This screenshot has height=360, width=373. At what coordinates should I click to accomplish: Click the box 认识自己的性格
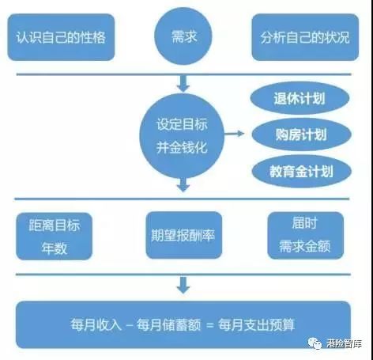tap(61, 37)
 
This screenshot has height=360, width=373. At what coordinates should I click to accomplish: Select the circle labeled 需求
tap(183, 36)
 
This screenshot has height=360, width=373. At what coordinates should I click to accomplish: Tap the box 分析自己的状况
tap(305, 37)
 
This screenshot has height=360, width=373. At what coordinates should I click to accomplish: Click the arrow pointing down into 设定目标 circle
tap(183, 84)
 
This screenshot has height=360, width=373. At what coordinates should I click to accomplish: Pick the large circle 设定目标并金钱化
tap(182, 135)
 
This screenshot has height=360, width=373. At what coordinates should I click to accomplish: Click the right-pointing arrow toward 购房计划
tap(234, 134)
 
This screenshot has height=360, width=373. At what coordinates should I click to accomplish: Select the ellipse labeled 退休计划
tap(300, 98)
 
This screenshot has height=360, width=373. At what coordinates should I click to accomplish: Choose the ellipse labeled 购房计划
tap(302, 135)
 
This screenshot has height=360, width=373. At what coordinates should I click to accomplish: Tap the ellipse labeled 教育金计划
tap(302, 171)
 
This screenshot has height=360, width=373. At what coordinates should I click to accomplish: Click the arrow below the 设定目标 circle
tap(183, 184)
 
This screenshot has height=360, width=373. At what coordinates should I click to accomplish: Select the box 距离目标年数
tap(55, 237)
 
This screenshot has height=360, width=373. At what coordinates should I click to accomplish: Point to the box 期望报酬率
tap(184, 235)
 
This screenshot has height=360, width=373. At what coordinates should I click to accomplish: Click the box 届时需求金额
tap(306, 236)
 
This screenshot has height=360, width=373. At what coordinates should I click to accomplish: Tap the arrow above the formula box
tap(183, 285)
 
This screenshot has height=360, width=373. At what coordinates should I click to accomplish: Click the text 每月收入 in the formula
tap(96, 324)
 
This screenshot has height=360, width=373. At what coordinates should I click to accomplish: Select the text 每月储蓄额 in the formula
tap(168, 324)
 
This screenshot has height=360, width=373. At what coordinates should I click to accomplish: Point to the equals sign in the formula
tap(210, 325)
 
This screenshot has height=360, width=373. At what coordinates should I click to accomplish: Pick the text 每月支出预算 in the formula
tap(256, 324)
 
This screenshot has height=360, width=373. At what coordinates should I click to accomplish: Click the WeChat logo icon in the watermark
tap(315, 343)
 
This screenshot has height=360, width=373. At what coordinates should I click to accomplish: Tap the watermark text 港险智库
tap(344, 343)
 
